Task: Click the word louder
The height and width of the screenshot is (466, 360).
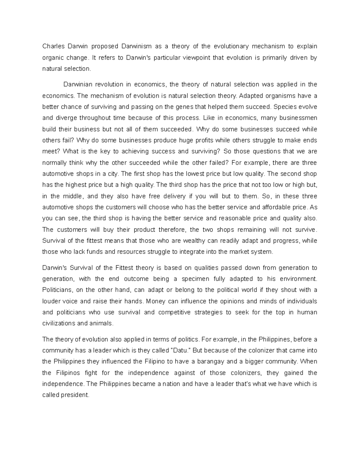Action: [51, 301]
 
